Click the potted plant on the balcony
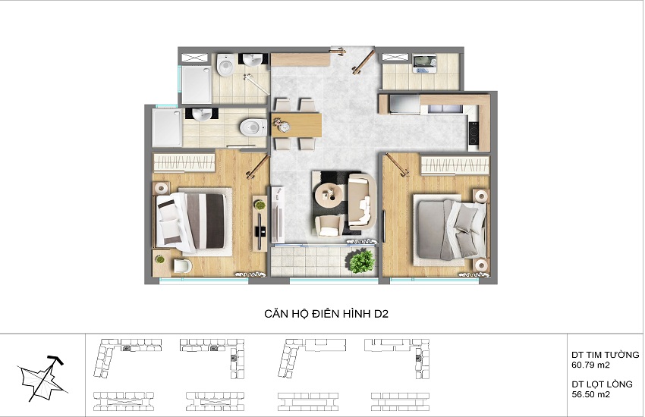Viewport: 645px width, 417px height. [361, 259]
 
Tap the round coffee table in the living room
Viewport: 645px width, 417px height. [328, 196]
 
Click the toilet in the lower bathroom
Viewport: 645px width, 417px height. [253, 127]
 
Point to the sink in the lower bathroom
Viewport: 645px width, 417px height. [202, 114]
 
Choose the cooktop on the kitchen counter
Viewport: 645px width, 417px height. [474, 133]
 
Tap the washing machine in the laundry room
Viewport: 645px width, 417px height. [424, 64]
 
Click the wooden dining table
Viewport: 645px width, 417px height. [297, 124]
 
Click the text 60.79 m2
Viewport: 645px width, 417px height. [590, 365]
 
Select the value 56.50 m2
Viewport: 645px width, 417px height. [590, 394]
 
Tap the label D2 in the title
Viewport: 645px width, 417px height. [381, 314]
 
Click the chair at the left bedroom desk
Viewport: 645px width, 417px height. [183, 266]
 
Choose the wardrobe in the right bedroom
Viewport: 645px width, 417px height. [455, 165]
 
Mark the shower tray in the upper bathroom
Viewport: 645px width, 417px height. [197, 85]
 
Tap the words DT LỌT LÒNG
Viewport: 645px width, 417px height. [602, 384]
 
